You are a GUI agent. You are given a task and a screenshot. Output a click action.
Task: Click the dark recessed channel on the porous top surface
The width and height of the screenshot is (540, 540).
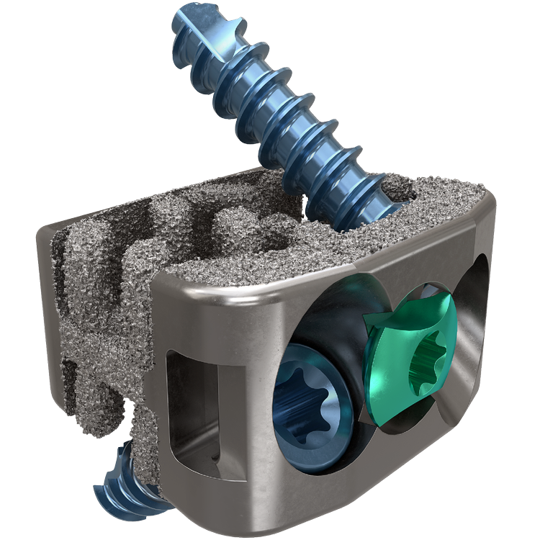click(166, 209)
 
